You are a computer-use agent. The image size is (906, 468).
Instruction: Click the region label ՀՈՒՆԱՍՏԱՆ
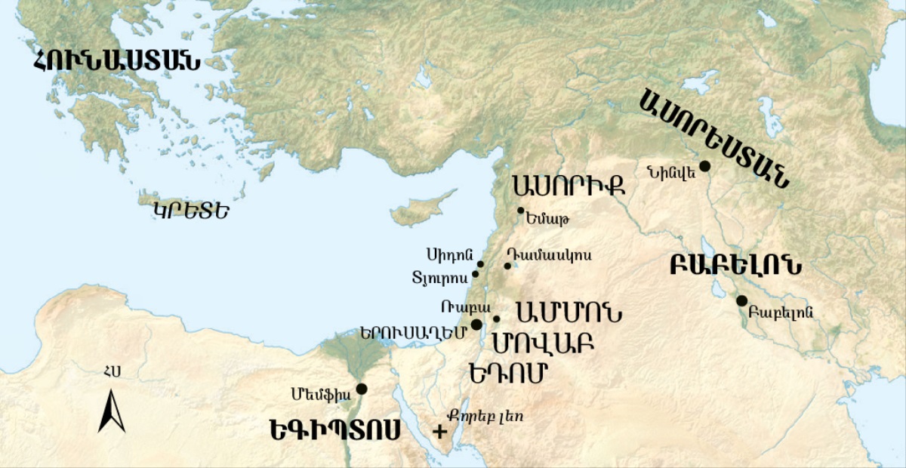[117, 61]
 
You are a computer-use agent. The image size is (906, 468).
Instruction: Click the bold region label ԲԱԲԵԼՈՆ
[735, 266]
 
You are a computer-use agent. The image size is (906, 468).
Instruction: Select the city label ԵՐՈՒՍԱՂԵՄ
[412, 334]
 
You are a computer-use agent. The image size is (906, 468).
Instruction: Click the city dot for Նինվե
[704, 166]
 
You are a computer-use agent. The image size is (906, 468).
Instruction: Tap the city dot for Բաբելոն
[742, 300]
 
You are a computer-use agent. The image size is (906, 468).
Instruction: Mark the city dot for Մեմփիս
[362, 389]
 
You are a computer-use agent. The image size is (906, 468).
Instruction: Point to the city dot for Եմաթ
[520, 211]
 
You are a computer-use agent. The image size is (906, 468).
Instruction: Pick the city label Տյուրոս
[441, 276]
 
